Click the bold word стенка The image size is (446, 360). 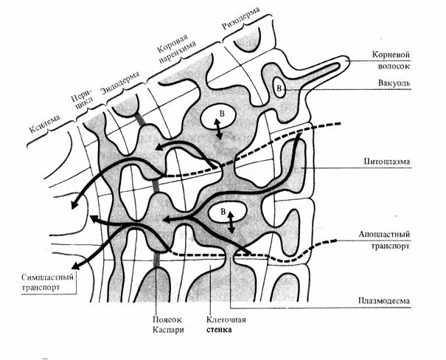point(220,332)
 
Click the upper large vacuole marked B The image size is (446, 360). point(219,114)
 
